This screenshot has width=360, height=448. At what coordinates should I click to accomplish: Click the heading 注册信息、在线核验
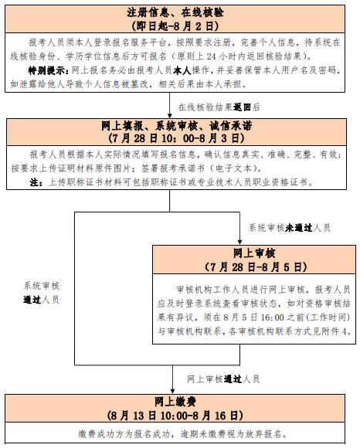pos(175,12)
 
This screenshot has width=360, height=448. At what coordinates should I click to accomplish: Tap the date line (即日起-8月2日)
pos(175,26)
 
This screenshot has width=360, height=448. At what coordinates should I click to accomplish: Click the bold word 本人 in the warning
pos(182,70)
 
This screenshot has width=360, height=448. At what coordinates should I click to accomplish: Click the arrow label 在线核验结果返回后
pos(219,107)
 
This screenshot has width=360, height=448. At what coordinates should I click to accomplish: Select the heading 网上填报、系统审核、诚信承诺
pos(177,126)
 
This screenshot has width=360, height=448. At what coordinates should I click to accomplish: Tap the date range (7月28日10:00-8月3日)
pos(177,138)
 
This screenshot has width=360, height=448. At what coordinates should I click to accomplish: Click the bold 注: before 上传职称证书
pos(36,182)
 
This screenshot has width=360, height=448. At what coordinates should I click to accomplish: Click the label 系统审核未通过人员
pos(290,228)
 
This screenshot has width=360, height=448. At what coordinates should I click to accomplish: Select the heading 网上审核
pos(254,253)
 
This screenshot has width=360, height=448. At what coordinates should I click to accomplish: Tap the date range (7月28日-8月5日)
pos(256,266)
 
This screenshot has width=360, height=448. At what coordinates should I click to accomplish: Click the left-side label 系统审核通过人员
pos(41,293)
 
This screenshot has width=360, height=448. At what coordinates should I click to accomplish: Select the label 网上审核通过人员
pos(223,379)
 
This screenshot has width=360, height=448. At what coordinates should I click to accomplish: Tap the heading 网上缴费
pos(175,402)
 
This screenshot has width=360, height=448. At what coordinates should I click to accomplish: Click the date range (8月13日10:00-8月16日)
pos(175,416)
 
